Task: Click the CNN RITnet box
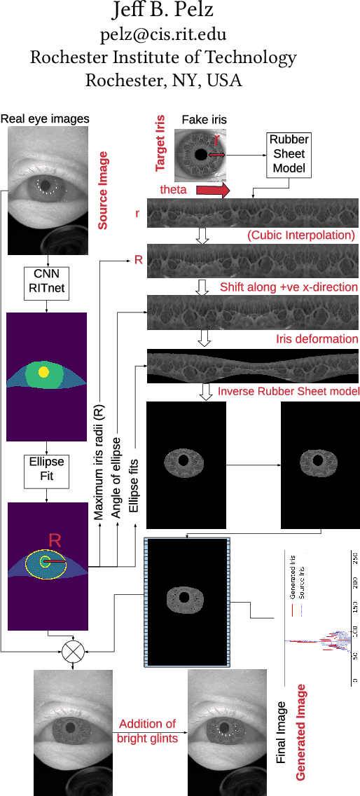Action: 46,280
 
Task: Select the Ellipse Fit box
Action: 46,469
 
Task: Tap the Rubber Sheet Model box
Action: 289,154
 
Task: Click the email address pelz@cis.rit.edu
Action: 163,34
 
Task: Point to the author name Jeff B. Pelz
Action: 163,11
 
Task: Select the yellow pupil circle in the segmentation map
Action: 43,372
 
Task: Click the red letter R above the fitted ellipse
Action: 56,540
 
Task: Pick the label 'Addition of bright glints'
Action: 147,730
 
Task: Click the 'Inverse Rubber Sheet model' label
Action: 288,390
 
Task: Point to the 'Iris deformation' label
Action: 317,338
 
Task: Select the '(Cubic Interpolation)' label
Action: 301,235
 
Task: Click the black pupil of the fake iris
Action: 201,154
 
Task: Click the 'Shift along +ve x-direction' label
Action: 289,287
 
